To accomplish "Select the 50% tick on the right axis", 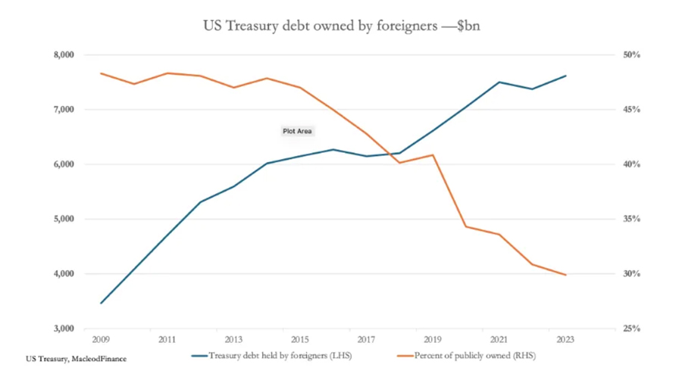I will click(631, 55).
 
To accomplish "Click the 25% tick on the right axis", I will click(631, 329).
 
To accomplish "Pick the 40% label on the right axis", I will click(631, 164).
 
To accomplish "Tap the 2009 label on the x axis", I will click(101, 340).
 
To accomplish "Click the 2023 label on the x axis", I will click(565, 340).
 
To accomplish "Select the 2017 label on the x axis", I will click(366, 340).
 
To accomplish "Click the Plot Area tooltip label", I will click(298, 131).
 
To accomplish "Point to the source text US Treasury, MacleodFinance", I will click(76, 357).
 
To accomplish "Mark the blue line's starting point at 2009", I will click(102, 303).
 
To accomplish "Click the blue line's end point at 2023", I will click(565, 76).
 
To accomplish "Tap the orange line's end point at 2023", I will click(565, 275).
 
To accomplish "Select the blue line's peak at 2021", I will click(499, 82).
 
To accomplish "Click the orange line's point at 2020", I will click(466, 226).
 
